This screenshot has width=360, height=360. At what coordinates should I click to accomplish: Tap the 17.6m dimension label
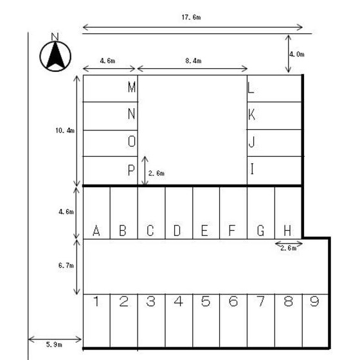(192, 17)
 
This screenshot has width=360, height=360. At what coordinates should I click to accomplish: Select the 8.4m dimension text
(194, 61)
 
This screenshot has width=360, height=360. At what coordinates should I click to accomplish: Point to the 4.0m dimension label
(296, 55)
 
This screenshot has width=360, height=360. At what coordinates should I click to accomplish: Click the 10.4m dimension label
(65, 130)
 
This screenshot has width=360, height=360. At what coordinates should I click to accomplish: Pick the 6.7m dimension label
(66, 265)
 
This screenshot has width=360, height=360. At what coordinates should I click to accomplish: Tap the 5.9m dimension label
(54, 345)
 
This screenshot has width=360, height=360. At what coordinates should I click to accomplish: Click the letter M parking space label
(132, 87)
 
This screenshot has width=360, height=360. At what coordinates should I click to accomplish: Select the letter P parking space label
(131, 170)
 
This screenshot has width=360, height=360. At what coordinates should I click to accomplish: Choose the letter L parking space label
(251, 88)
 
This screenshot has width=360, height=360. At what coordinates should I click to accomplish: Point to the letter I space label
(252, 169)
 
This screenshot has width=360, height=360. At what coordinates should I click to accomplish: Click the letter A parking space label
(96, 231)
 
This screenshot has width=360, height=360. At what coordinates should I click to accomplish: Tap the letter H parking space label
(287, 231)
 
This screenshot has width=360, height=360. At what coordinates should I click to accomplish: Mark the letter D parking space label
(177, 231)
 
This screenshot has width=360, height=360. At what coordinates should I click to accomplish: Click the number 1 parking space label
(96, 301)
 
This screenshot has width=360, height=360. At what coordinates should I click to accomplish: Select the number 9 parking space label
(314, 301)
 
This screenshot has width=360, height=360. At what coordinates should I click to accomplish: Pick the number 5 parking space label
(206, 301)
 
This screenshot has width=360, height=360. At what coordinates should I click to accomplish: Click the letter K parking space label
(251, 114)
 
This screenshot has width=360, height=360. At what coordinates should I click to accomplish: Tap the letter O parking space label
(132, 141)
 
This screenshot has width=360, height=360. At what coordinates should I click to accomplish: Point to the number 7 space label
(261, 301)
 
